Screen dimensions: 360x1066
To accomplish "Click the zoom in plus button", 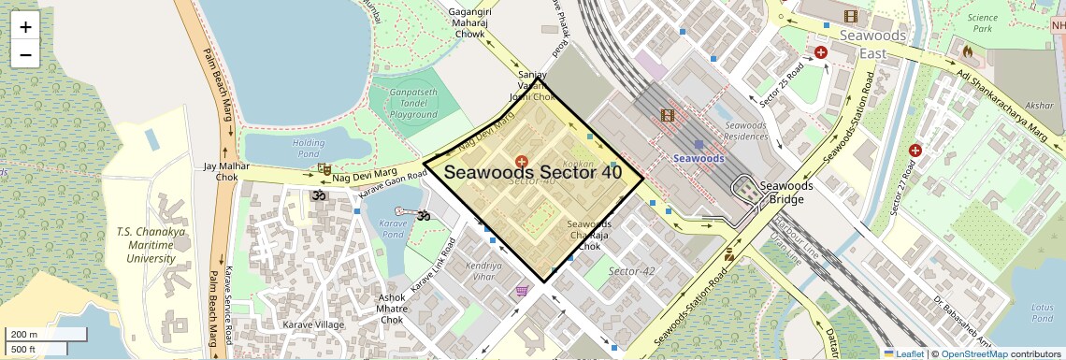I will [25, 27].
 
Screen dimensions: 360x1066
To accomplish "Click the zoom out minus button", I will [25, 54].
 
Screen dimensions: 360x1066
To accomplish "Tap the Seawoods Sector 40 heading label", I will [532, 172].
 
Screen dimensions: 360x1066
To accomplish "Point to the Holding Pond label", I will [309, 148].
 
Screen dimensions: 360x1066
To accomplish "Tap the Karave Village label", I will [313, 325].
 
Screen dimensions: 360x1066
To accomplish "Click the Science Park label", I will [983, 23].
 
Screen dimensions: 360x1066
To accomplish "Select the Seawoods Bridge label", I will [786, 192].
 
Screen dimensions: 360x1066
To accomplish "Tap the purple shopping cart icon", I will [522, 292].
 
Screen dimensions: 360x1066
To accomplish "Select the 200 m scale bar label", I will [24, 334].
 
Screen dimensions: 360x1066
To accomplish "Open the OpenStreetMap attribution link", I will [973, 353].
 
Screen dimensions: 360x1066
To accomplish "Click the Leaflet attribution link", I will [903, 353].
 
